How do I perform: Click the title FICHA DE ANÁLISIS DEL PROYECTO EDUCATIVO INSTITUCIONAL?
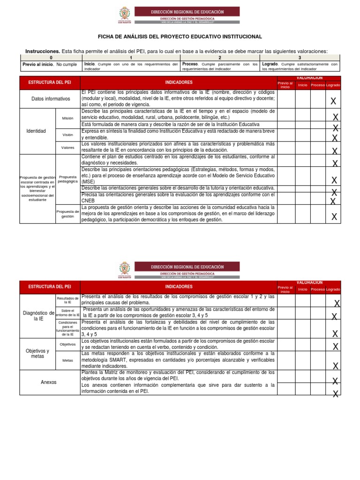pos(180,37)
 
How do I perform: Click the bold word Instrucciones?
pos(42,51)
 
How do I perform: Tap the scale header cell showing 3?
pos(299,57)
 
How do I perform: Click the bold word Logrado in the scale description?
pos(270,64)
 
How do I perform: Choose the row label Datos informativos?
pos(50,99)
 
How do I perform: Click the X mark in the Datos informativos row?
pos(333,101)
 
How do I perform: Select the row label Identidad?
pos(37,131)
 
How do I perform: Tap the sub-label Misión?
pos(67,118)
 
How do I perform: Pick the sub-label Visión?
pos(67,135)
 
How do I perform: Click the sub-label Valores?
pos(67,147)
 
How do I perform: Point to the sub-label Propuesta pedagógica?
pos(67,179)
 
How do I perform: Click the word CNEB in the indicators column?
pos(88,200)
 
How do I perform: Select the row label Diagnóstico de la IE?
pos(37,315)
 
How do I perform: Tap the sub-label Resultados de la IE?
pos(67,300)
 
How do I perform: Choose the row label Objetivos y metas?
pos(37,353)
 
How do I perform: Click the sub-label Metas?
pos(67,360)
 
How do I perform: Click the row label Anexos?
pos(49,382)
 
